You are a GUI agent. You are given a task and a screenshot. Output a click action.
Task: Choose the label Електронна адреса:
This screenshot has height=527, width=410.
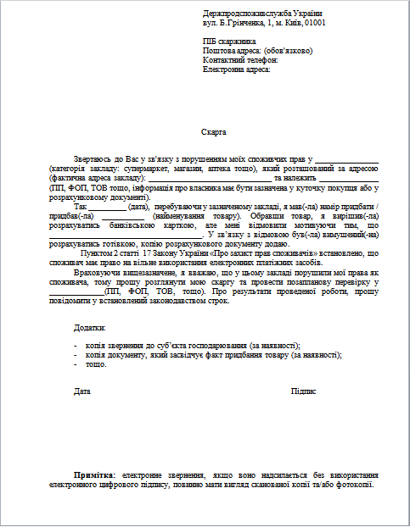[x=237, y=69]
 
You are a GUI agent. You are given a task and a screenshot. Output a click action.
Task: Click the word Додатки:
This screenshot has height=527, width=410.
[x=90, y=327]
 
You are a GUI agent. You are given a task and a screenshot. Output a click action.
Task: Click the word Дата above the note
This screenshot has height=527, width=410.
[x=82, y=391]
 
